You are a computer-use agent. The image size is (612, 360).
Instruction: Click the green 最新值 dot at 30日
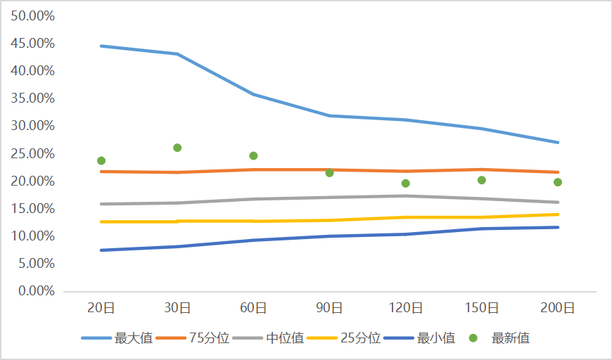click(177, 148)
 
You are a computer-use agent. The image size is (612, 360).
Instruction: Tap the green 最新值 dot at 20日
click(101, 161)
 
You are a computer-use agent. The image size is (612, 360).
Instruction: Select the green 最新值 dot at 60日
click(253, 156)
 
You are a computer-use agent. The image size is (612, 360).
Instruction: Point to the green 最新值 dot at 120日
click(406, 184)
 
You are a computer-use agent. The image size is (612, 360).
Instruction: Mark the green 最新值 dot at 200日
click(558, 182)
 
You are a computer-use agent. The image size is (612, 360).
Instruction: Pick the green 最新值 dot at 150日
click(482, 180)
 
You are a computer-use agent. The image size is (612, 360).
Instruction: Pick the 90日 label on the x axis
click(330, 308)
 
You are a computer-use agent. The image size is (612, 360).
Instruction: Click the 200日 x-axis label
click(558, 308)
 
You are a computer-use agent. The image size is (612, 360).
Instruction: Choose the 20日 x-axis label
click(101, 308)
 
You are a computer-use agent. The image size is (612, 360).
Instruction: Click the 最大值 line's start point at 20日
click(101, 46)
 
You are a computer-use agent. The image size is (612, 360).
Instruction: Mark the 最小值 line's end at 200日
click(558, 227)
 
